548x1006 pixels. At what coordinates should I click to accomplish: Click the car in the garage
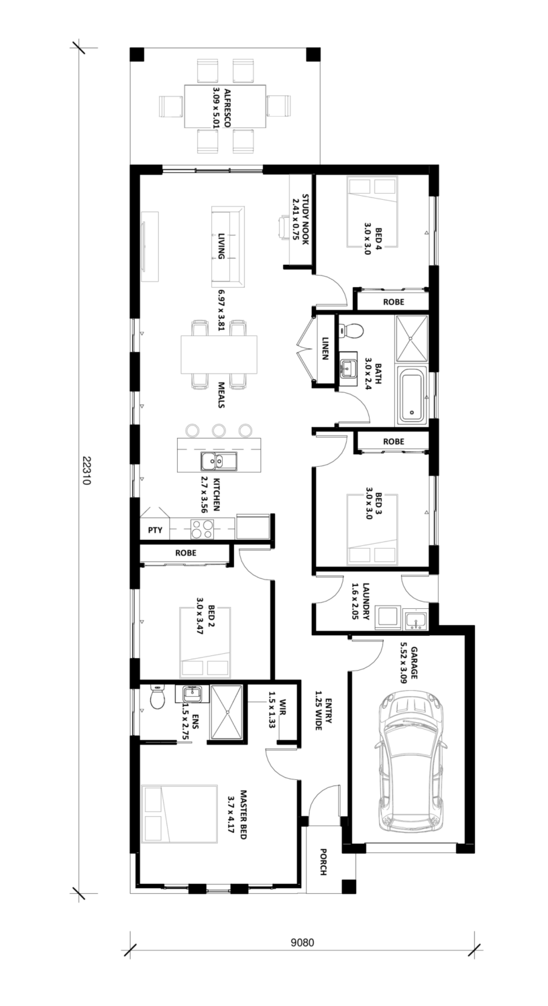(x=410, y=762)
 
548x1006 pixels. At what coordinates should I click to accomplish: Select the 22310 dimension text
(x=87, y=471)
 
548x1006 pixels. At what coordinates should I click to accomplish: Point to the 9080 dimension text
(x=303, y=942)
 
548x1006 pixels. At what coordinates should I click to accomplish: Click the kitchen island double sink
(x=218, y=461)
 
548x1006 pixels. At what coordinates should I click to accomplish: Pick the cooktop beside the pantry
(x=202, y=528)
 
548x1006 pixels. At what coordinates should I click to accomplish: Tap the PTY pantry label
(x=155, y=530)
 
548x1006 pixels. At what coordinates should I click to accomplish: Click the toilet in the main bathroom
(x=351, y=331)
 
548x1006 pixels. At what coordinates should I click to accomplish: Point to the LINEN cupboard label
(x=325, y=349)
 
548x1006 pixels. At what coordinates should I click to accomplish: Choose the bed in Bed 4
(x=372, y=212)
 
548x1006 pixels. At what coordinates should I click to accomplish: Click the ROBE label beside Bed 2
(x=186, y=553)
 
